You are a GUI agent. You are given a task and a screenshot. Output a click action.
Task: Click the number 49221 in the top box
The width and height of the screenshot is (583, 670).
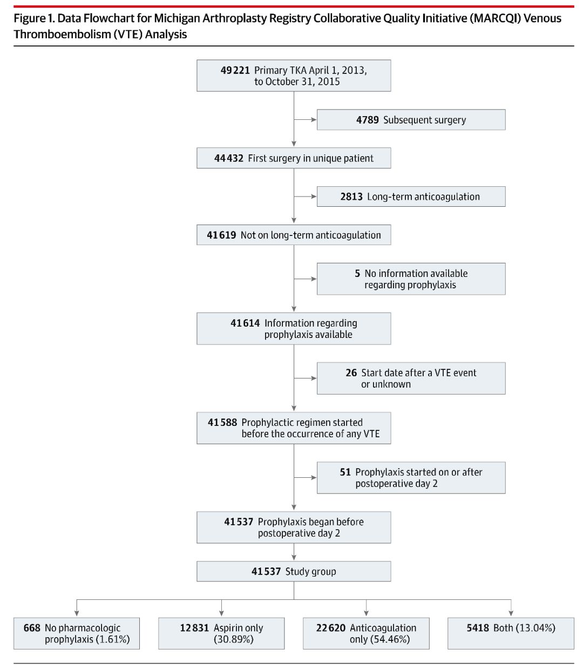(235, 70)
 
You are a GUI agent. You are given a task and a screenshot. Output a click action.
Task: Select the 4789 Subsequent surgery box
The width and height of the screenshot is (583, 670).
(411, 119)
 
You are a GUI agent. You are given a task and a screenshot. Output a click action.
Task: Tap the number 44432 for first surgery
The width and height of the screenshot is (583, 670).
(228, 158)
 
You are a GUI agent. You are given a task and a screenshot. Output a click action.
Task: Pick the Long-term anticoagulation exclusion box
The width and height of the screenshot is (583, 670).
(411, 197)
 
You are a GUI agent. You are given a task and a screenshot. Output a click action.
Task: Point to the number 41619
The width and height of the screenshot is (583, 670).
(221, 235)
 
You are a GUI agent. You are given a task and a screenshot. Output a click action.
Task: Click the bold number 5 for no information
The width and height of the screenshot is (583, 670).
(357, 273)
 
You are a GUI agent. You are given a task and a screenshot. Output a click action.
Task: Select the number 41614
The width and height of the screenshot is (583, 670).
(245, 323)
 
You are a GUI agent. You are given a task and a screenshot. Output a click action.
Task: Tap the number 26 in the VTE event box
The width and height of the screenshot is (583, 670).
(351, 373)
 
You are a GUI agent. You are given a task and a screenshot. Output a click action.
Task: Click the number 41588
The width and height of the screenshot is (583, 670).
(222, 422)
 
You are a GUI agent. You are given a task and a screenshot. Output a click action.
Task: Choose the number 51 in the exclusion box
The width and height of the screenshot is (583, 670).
(345, 472)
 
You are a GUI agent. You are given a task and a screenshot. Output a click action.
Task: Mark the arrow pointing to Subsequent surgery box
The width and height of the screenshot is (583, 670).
(305, 119)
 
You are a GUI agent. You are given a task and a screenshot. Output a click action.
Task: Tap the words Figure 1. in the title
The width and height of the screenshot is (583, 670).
(34, 18)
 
